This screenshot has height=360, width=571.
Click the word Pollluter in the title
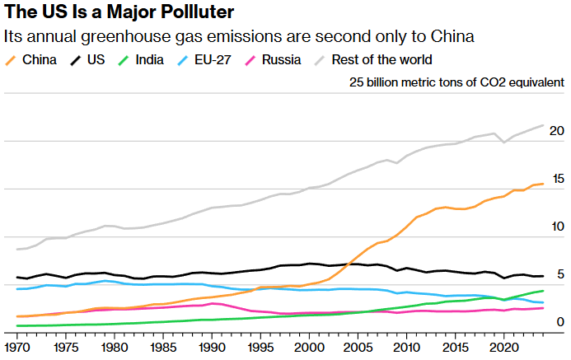point(190,13)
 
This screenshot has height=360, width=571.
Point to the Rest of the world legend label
point(381,59)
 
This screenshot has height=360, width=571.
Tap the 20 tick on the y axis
point(556,131)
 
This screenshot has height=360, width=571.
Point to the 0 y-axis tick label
point(560,322)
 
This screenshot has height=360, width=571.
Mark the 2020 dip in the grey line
point(504,143)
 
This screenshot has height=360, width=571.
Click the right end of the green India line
point(543,291)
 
